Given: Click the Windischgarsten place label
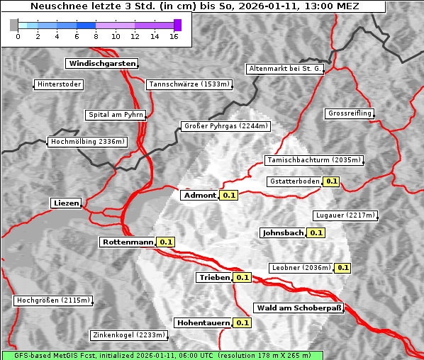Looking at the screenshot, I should (101, 64).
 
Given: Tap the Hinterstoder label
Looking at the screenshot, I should (59, 85).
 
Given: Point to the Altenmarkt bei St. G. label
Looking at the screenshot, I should (285, 69).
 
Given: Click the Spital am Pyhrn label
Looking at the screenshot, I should (116, 115).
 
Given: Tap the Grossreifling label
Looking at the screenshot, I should (350, 113).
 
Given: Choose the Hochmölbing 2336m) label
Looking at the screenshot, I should (87, 142).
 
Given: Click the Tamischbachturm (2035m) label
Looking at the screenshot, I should (313, 160).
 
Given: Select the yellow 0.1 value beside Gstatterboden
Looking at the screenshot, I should (331, 181).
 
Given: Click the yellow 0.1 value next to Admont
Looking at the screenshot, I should (228, 195).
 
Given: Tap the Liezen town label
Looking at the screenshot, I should (66, 203).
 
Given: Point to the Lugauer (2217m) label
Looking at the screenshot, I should (345, 215).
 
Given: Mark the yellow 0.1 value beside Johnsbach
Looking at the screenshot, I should (316, 232).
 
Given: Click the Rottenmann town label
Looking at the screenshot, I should (128, 242).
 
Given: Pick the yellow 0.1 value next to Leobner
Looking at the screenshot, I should (342, 268).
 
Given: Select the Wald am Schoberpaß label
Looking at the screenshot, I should (299, 308).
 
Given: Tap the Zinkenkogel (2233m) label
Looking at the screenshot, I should (128, 335).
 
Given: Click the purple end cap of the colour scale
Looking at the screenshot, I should (177, 26).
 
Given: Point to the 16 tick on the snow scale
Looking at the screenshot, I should (174, 36).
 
